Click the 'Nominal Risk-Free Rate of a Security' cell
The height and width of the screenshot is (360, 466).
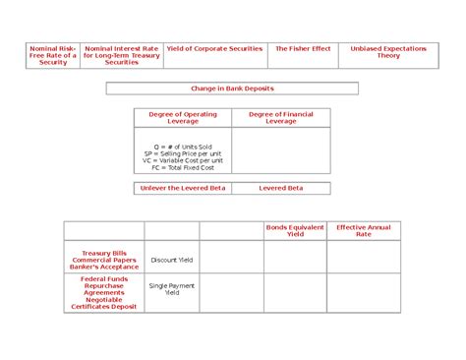(53, 55)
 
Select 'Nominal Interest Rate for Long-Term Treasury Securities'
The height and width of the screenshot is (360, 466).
(122, 55)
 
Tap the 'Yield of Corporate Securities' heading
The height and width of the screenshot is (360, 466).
(215, 48)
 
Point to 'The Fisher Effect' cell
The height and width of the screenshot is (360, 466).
(303, 48)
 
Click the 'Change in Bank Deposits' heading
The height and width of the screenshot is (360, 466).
(232, 89)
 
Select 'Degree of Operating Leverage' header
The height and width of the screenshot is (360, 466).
(183, 118)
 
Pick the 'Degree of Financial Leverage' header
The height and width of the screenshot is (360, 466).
(281, 118)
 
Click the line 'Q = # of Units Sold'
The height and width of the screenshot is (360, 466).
(183, 147)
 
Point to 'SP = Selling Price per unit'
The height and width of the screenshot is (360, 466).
(183, 153)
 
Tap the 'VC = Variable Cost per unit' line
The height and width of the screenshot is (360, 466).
(183, 160)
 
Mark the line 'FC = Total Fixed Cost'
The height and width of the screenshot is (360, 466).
(183, 167)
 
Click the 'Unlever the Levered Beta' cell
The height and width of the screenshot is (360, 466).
(183, 187)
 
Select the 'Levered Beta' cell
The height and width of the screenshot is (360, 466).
(281, 187)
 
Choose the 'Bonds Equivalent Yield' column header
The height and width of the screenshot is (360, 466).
(295, 231)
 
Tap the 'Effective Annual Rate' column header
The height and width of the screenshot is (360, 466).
(364, 231)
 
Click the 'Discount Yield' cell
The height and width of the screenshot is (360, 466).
(171, 260)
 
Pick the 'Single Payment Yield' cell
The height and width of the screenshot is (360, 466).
(171, 289)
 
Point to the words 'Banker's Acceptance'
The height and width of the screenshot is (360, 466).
(104, 267)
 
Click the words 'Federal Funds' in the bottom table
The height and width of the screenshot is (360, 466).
(104, 278)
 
